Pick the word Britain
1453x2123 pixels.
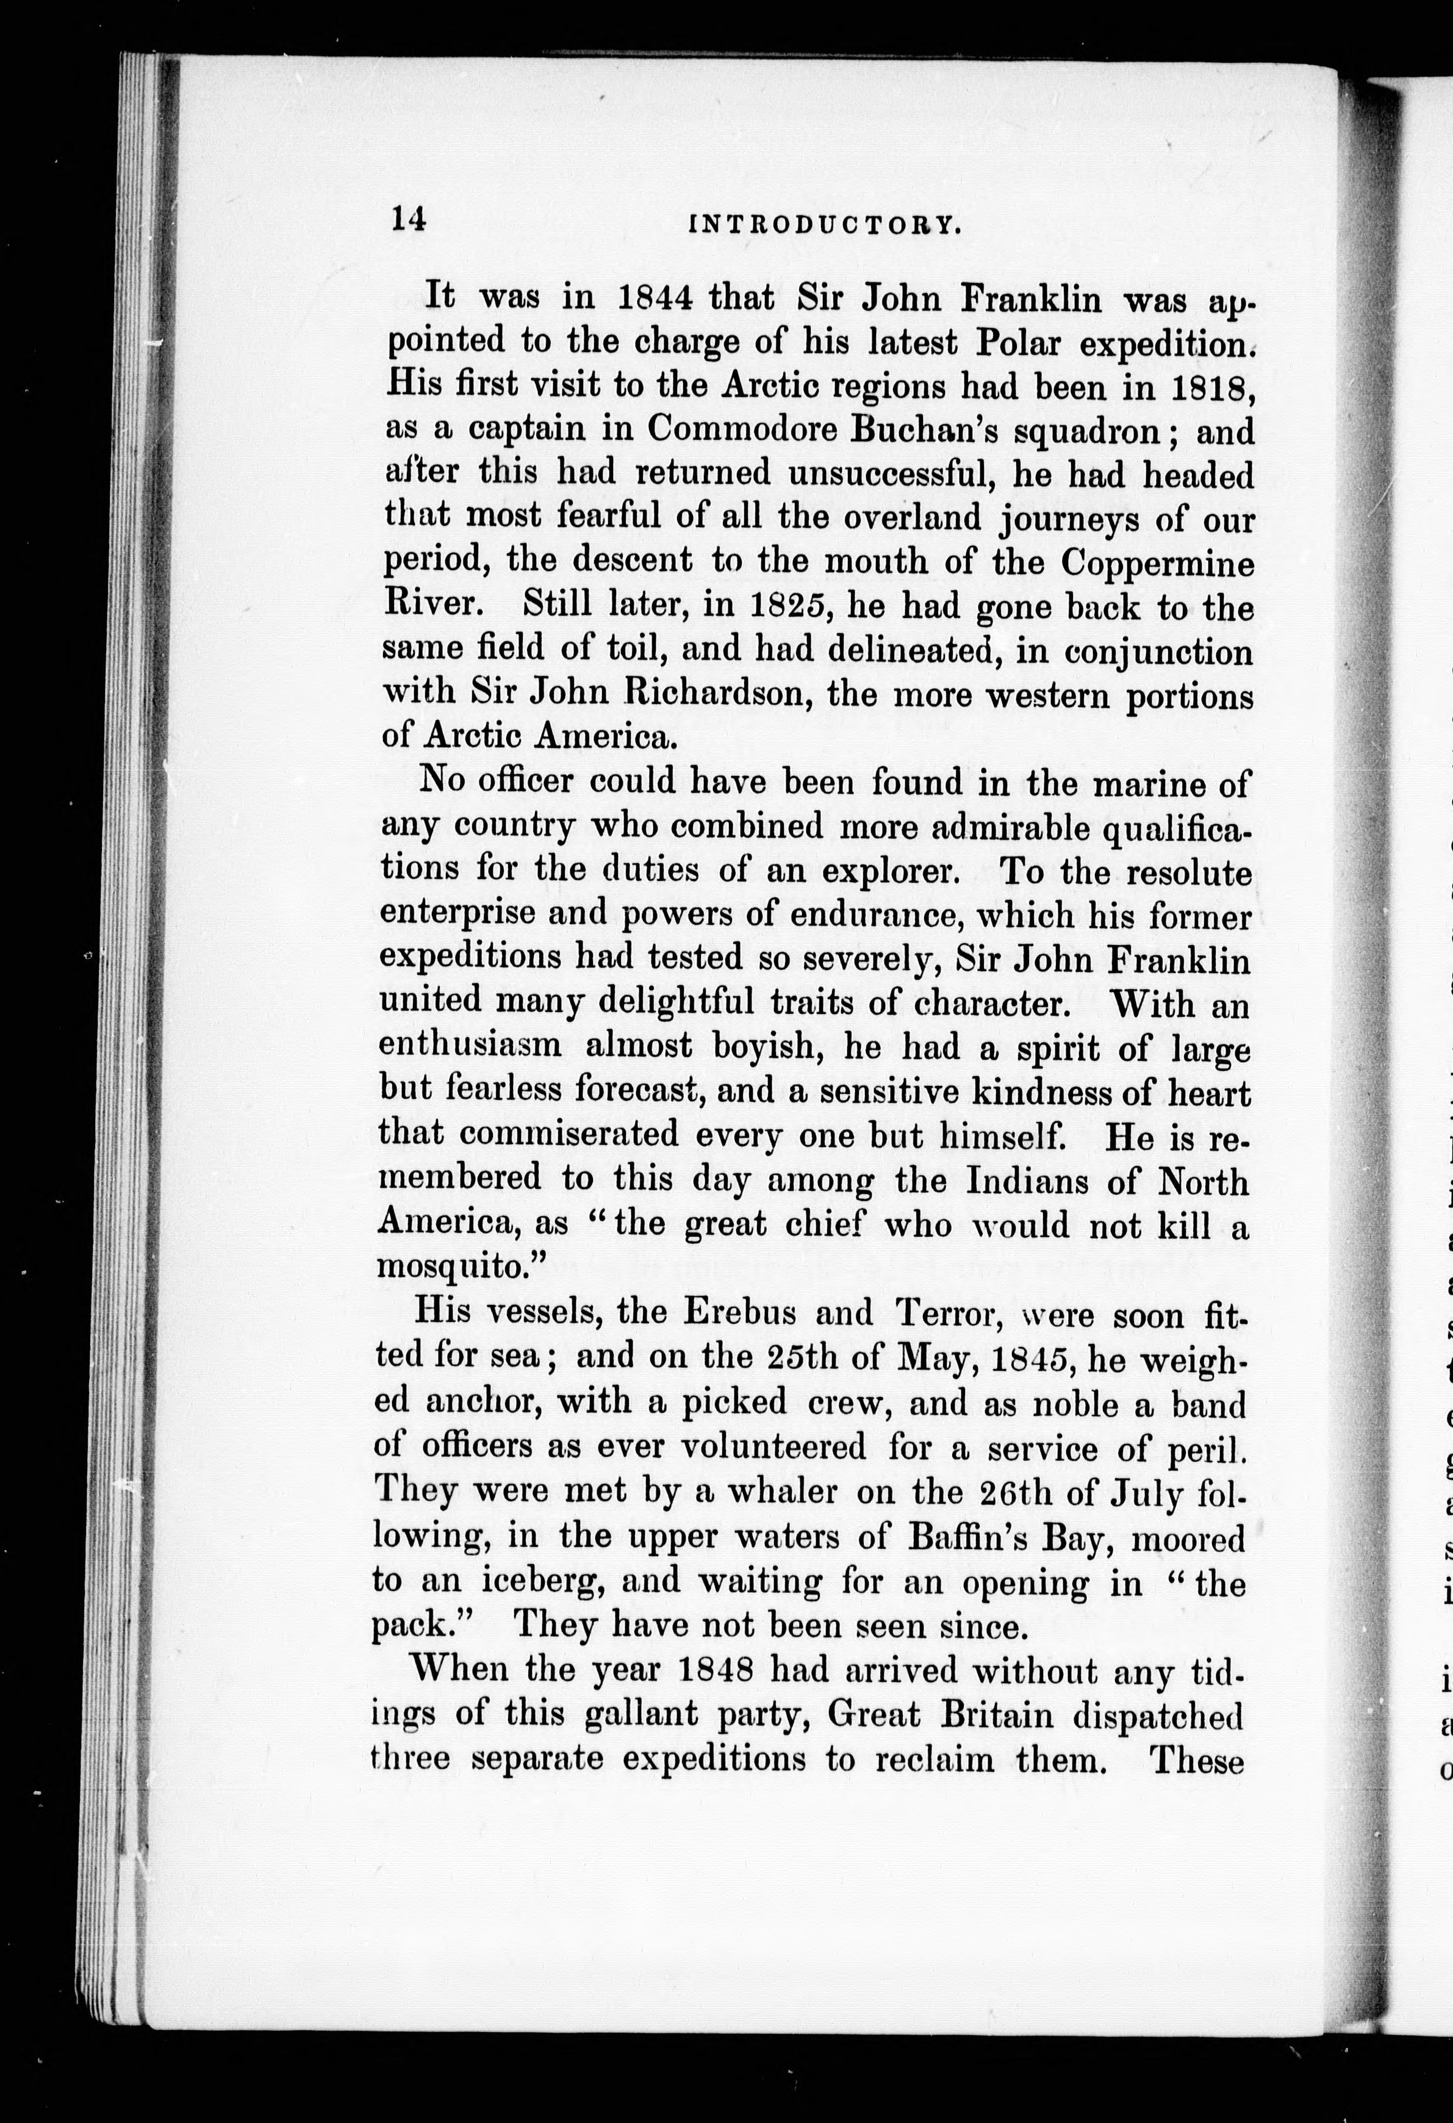[996, 1715]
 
